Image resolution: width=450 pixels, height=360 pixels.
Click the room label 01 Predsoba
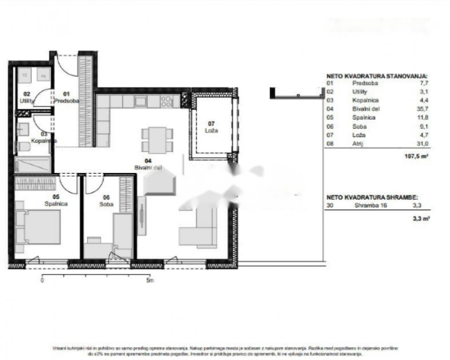(x=66, y=97)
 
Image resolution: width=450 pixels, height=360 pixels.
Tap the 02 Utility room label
(x=27, y=98)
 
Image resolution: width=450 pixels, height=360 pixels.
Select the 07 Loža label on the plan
(x=211, y=127)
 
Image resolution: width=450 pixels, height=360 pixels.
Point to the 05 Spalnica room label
(x=56, y=200)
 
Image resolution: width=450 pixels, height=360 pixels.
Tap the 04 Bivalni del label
(x=148, y=164)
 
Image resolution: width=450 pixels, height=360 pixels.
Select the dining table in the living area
(x=157, y=139)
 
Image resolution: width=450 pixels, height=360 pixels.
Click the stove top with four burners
(x=167, y=101)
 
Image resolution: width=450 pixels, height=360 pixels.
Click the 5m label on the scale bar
(x=150, y=280)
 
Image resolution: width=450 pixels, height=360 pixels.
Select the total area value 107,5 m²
(x=416, y=156)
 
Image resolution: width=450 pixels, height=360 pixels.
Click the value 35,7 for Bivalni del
(x=423, y=109)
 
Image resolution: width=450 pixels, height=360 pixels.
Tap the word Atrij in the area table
(x=358, y=143)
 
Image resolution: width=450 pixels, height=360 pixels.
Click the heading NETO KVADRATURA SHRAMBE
(x=372, y=198)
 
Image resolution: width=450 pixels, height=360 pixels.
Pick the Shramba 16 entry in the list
(x=371, y=205)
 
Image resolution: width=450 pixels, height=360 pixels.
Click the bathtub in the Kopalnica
(x=33, y=165)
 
